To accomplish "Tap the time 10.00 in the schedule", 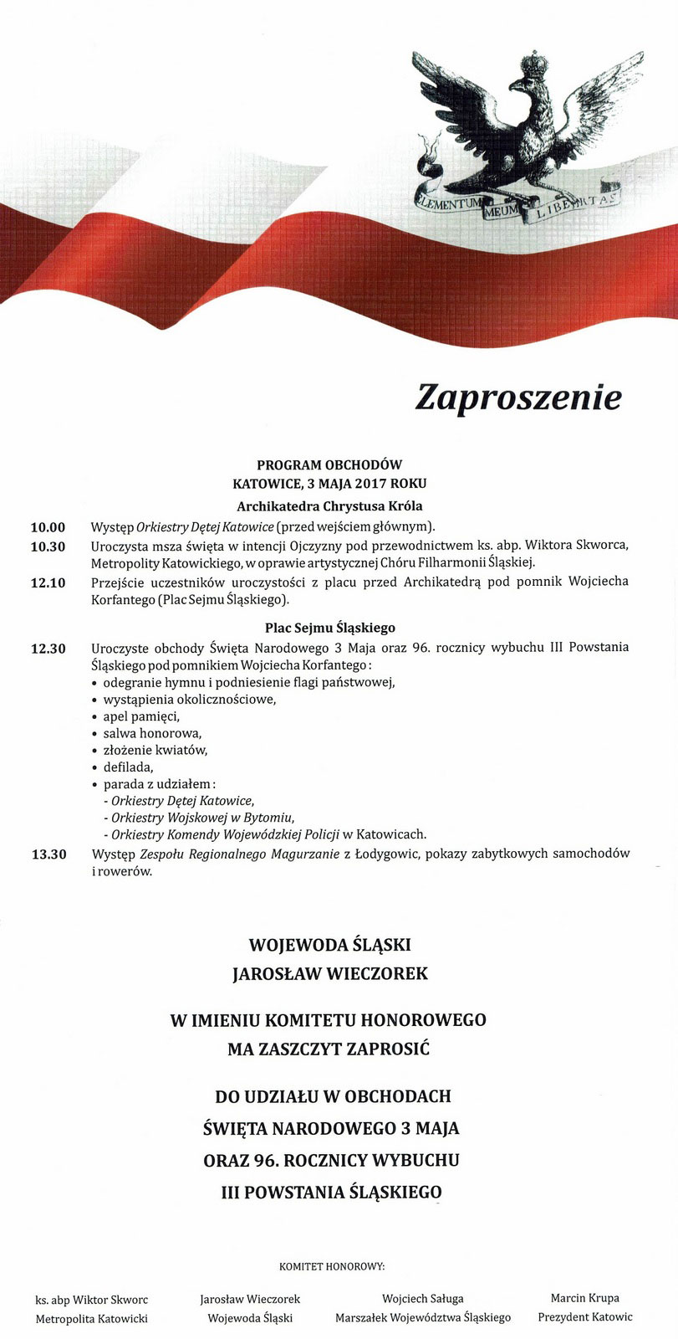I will point(48,527).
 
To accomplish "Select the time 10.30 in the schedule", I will point(48,546).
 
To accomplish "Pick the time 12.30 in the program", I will point(48,648).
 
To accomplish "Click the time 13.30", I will point(48,854).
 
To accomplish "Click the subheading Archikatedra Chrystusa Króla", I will point(329,505).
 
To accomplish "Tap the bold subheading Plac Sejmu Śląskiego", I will point(329,627).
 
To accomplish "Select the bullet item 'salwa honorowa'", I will point(140,732).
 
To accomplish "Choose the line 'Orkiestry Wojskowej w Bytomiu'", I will point(201,817).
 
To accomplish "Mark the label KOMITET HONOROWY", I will point(339,1266).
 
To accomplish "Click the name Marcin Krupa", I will point(585,1298).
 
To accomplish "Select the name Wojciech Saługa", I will point(422,1298).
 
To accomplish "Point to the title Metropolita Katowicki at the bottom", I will point(91,1319).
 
